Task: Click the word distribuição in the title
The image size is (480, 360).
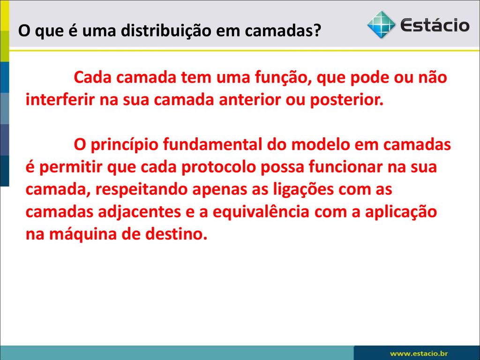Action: (x=166, y=30)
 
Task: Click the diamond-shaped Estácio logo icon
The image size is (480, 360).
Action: (x=381, y=25)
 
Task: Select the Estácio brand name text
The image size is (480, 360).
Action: (x=435, y=25)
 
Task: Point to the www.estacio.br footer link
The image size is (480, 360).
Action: (x=419, y=353)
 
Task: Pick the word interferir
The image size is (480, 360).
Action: (x=60, y=99)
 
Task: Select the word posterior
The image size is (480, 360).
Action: (x=347, y=100)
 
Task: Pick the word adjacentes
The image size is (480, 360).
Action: (x=139, y=212)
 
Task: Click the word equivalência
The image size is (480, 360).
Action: (x=261, y=212)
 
